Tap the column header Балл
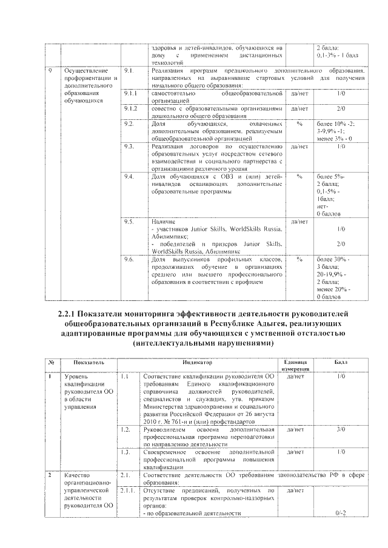341,362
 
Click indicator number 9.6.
128,259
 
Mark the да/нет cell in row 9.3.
299,147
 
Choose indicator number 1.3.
126,452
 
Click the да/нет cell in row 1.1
294,377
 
